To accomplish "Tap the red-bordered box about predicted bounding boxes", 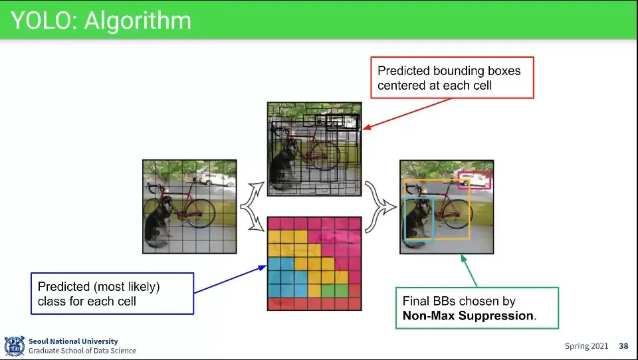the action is pos(451,78).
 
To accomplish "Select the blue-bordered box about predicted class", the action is pos(111,294).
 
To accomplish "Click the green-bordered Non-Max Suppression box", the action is pos(477,308).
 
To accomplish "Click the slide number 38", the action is pos(623,346).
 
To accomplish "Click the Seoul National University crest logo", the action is pos(14,346).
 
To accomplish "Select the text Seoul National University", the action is pos(73,341).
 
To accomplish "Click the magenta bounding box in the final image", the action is pos(475,179).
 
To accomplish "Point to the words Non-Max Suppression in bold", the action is pos(469,315).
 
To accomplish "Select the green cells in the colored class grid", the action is pos(334,290).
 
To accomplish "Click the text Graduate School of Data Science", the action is pos(82,351).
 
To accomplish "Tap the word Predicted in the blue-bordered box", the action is pos(63,287).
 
